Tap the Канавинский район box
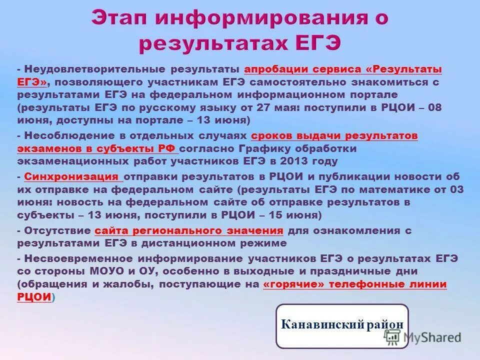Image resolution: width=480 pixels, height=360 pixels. point(342,325)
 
